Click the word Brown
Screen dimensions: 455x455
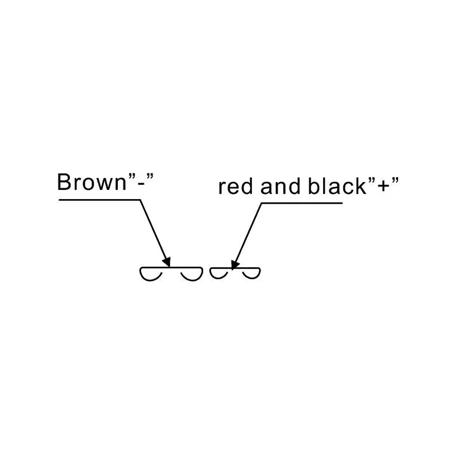coord(92,182)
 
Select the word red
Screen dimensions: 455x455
coord(235,186)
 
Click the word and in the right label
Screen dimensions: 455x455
coord(280,186)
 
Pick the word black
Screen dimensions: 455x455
coord(337,186)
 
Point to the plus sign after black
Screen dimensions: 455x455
coord(383,186)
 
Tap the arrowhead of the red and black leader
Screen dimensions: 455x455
coord(235,264)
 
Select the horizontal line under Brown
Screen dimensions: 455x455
coord(100,200)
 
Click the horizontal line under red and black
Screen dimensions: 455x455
coord(302,203)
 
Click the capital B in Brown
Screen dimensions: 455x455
coord(64,182)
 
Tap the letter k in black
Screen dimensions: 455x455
coord(361,186)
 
